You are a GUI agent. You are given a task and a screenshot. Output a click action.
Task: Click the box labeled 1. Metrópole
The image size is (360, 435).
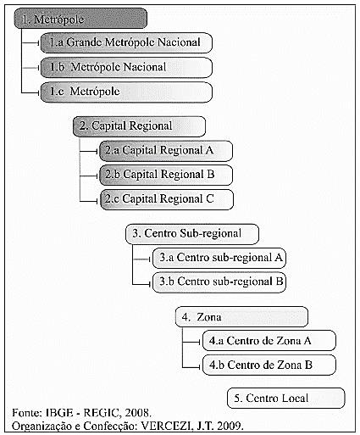(80, 19)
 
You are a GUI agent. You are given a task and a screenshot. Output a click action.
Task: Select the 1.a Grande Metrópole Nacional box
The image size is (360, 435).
(126, 42)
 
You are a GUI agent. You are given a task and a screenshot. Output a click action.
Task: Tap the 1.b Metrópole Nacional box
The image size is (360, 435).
(126, 67)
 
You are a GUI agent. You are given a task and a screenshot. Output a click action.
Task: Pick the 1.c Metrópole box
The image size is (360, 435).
(126, 92)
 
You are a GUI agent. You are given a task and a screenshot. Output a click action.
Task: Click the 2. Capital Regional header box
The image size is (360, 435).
(139, 126)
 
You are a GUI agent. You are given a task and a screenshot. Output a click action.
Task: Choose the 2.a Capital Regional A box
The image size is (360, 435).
(166, 151)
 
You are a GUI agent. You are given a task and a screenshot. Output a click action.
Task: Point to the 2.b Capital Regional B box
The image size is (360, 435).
(166, 175)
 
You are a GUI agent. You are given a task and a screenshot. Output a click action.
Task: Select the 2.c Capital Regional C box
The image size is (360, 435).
(167, 199)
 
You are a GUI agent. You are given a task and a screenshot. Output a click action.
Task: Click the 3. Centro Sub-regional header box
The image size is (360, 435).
(192, 234)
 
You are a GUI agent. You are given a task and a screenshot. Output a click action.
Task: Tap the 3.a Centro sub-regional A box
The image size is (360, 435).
(219, 258)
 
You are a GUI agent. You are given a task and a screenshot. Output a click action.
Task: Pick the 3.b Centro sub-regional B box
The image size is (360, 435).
(219, 282)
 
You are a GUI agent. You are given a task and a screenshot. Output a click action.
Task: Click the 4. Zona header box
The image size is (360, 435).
(241, 317)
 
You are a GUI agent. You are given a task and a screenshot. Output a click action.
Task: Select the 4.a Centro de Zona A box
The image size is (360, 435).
(269, 341)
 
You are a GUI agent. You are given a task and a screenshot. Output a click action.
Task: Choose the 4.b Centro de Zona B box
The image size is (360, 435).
(269, 365)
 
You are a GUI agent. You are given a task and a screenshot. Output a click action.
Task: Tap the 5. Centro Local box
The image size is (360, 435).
(285, 399)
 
